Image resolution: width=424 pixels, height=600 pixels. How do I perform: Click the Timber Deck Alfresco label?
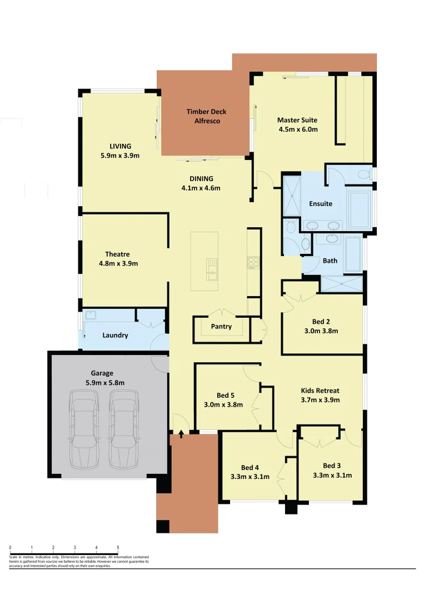click(206, 116)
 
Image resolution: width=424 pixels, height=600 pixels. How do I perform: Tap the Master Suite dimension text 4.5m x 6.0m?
click(298, 129)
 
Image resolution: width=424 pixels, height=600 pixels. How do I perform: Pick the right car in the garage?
click(123, 428)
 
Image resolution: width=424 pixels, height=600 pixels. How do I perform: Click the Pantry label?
click(221, 327)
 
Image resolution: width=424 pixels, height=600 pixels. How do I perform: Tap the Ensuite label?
click(321, 204)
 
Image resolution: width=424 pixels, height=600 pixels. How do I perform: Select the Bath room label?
click(330, 261)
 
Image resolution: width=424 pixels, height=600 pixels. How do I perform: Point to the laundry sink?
click(91, 316)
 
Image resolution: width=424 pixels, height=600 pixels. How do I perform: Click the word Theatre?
click(117, 254)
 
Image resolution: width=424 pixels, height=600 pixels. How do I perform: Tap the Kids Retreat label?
click(320, 391)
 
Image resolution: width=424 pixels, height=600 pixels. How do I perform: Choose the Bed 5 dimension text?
click(223, 404)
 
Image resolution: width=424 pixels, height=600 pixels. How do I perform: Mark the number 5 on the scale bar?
click(118, 548)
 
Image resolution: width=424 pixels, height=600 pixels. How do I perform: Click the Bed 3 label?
click(332, 466)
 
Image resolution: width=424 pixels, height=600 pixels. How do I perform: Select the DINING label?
click(201, 179)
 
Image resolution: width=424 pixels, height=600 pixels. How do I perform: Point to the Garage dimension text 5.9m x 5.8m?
click(105, 383)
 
